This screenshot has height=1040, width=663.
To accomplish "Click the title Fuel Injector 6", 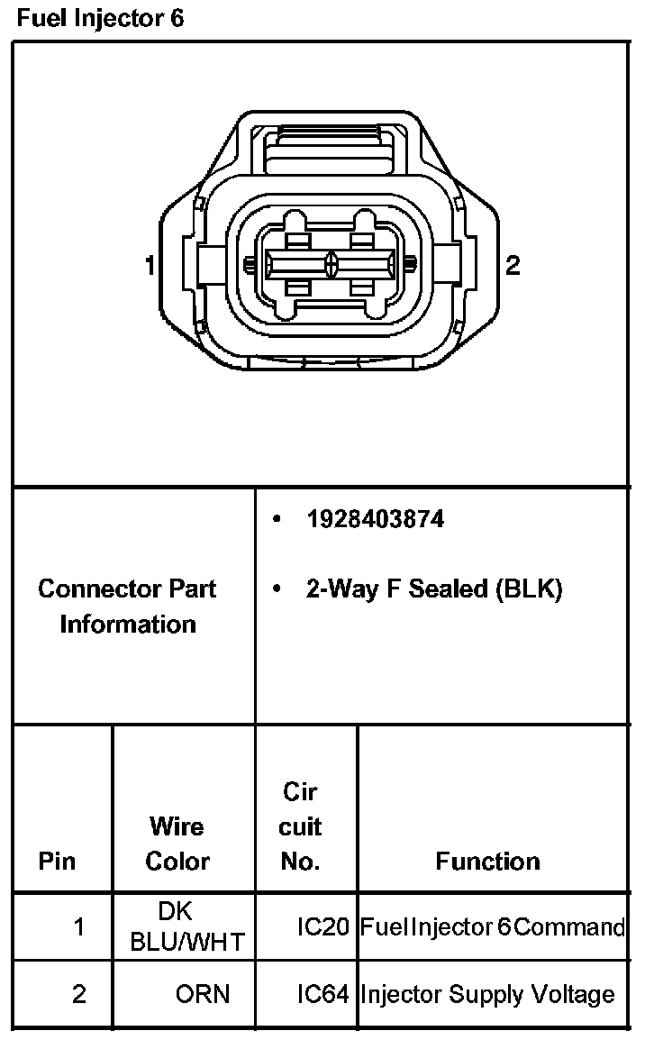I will click(100, 18).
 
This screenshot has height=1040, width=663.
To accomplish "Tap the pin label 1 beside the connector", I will click(150, 265).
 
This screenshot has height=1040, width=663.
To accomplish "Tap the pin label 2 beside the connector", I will click(512, 265).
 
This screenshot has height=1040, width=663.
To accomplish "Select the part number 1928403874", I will click(375, 520).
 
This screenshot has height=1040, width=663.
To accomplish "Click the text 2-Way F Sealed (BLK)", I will click(433, 589).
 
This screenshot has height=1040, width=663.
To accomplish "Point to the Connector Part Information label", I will click(127, 607).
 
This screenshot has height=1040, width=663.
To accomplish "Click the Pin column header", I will click(57, 862).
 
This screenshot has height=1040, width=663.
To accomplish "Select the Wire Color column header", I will click(177, 844).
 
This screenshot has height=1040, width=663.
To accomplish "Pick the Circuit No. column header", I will click(300, 826).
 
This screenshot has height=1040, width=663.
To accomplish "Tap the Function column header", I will click(487, 862).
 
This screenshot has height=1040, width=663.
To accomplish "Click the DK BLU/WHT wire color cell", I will click(186, 926).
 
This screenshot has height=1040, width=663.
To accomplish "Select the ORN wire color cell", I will click(202, 994).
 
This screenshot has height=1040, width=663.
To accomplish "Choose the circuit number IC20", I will click(322, 926).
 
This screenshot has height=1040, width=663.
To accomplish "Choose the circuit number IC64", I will click(322, 994).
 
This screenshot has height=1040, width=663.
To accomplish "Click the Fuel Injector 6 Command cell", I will click(492, 926).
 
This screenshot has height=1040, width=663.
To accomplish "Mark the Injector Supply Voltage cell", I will click(487, 994).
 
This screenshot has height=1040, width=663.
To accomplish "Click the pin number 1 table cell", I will click(79, 926).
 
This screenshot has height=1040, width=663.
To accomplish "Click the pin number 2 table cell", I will click(79, 994).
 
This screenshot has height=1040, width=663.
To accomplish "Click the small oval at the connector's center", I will click(332, 264).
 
